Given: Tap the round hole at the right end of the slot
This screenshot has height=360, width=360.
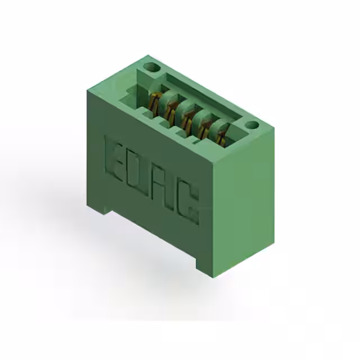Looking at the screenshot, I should pos(251,125).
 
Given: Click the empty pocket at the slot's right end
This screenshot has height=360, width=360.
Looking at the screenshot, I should pos(239,138).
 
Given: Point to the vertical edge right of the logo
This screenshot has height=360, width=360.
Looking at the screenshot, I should pos(216,219).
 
